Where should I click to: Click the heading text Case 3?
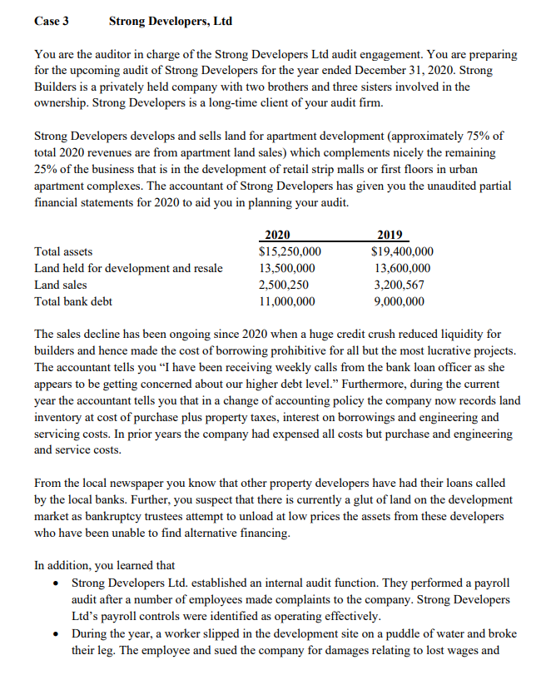tap(52, 20)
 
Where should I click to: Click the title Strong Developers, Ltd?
tap(171, 20)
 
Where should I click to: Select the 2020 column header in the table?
tap(277, 235)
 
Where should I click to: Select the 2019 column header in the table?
tap(390, 235)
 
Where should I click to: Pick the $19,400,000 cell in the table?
tap(402, 251)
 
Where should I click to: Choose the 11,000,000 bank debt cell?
tap(287, 301)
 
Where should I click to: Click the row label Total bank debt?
tap(73, 301)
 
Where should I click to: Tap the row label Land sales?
tap(59, 285)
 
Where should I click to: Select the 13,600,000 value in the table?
tap(402, 268)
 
